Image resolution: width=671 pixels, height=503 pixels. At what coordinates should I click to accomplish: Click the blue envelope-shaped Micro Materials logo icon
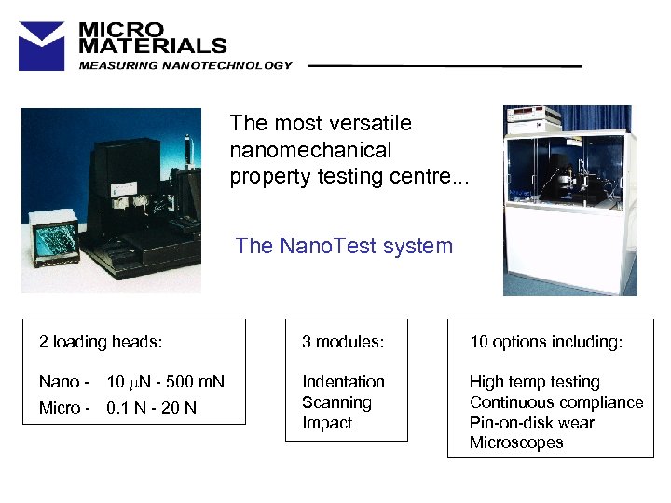[x=42, y=46]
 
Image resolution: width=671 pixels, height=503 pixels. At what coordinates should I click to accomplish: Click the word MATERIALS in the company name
[x=152, y=45]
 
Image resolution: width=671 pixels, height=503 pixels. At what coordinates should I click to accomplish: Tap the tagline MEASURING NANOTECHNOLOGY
[x=185, y=66]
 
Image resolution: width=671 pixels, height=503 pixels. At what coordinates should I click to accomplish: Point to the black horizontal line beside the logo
[x=444, y=66]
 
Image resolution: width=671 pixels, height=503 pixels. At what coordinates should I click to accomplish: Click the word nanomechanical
[x=310, y=150]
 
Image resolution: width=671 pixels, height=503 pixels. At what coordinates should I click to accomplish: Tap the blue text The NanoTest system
[x=344, y=246]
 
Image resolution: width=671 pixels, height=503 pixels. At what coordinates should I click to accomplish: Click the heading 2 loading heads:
[x=101, y=342]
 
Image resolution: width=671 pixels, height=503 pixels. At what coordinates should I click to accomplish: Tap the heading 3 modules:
[x=342, y=342]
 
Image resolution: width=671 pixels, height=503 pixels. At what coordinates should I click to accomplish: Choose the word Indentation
[x=343, y=382]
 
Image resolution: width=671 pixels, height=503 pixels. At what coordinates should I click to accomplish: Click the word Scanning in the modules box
[x=336, y=402]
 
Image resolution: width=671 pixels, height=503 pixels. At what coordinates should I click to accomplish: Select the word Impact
[x=327, y=423]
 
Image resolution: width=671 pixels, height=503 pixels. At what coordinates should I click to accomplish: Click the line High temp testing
[x=534, y=382]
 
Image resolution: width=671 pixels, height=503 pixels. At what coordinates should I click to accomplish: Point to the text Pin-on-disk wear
[x=531, y=423]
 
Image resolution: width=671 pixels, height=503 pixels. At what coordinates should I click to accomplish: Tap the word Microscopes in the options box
[x=516, y=442]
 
